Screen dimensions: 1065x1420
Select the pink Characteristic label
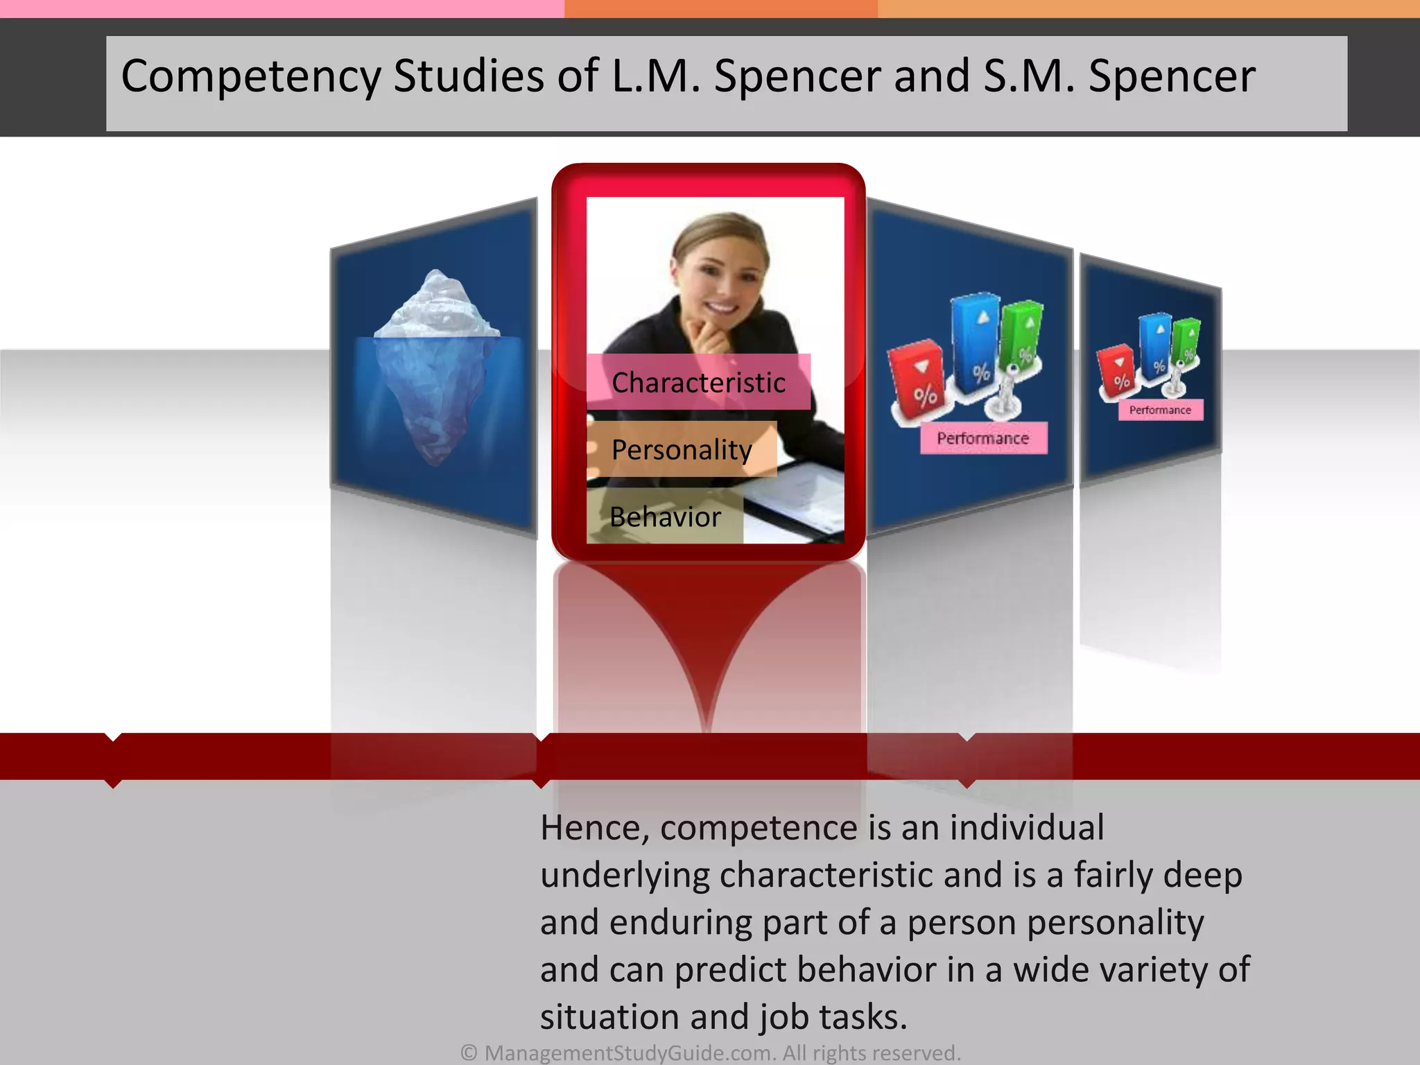698,382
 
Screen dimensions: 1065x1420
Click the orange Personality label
682,449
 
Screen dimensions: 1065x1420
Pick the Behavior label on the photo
665,517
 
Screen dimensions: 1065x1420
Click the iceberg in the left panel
436,367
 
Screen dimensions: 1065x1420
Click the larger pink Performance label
983,438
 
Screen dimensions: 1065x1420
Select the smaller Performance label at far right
1160,410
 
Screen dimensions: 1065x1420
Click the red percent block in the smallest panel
1116,372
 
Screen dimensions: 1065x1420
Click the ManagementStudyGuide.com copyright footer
711,1053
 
